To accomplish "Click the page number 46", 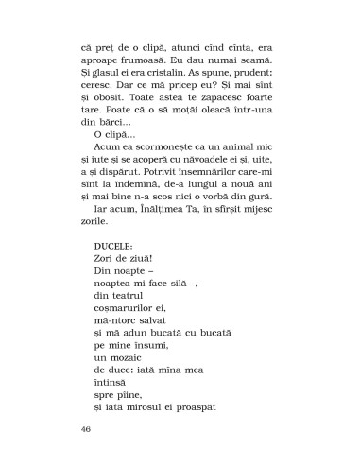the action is coord(88,429).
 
